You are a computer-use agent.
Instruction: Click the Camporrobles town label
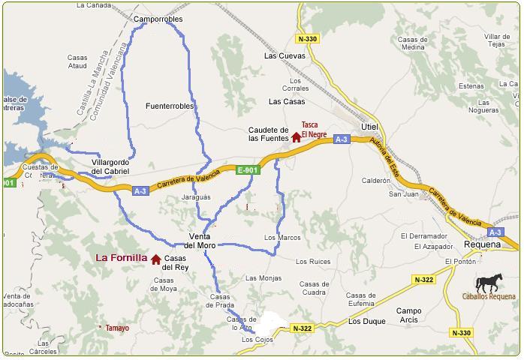(158, 19)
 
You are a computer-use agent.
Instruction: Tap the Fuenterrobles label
(170, 106)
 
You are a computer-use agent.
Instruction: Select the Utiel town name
(369, 127)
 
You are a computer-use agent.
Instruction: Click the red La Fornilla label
(121, 258)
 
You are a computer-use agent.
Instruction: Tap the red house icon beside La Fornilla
(156, 259)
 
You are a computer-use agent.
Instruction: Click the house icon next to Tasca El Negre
(297, 137)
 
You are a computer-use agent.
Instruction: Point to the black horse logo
(489, 283)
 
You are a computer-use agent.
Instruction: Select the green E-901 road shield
(247, 170)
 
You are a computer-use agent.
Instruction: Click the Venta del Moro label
(200, 241)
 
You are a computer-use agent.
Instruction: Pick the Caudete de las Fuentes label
(268, 134)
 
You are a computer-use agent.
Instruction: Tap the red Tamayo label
(117, 328)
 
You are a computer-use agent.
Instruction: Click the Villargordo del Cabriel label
(110, 166)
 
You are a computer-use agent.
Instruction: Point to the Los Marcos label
(282, 238)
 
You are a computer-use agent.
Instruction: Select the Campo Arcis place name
(409, 315)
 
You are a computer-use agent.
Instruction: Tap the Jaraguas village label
(197, 197)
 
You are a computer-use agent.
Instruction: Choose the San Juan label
(403, 194)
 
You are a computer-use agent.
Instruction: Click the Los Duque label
(367, 321)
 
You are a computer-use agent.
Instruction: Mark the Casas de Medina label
(412, 43)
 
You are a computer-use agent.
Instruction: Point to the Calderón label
(376, 181)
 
